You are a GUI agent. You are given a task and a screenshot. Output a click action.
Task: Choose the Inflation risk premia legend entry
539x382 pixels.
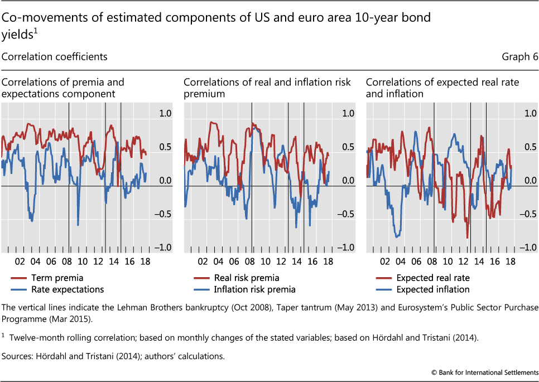[x=254, y=289]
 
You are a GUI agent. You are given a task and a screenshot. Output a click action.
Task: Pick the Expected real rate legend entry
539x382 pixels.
[x=432, y=278]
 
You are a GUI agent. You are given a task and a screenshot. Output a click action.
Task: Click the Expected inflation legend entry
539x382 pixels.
[x=432, y=289]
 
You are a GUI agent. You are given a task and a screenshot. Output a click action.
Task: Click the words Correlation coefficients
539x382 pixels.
[x=55, y=57]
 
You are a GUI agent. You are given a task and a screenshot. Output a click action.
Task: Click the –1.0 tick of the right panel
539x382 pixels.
[x=528, y=248]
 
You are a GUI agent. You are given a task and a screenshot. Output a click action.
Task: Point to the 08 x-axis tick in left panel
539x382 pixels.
[x=68, y=261]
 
